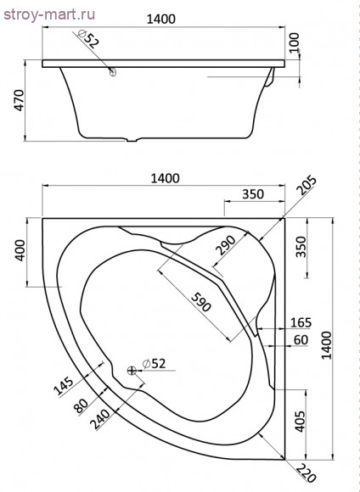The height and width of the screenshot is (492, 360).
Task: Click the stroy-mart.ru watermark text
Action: [49, 14]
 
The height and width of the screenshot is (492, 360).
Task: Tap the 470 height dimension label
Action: [20, 100]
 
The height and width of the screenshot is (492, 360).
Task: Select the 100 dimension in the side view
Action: [295, 43]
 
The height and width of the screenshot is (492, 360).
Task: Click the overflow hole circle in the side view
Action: [112, 72]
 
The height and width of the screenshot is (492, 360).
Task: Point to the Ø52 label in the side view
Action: [87, 38]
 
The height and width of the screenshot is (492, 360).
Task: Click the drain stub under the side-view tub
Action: [132, 140]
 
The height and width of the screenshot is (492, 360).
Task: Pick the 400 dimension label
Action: [20, 250]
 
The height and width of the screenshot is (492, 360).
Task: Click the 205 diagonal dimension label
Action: [307, 186]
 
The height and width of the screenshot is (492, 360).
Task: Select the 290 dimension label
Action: [225, 245]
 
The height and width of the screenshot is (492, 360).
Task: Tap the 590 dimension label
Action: [201, 302]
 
